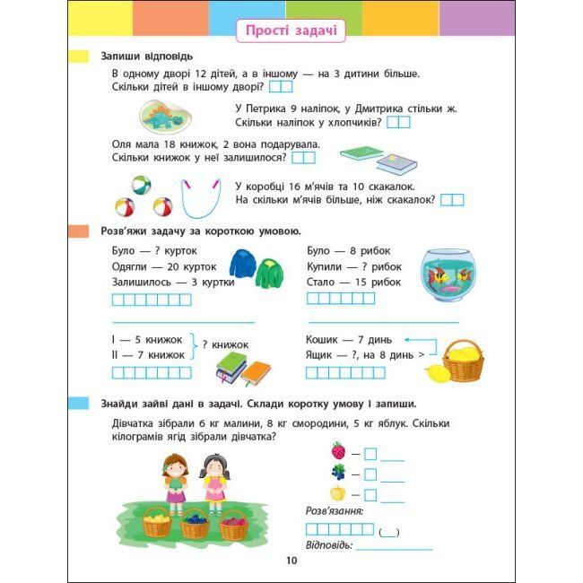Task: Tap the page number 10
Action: point(291,561)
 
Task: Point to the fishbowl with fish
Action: point(448,274)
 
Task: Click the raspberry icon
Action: point(338,451)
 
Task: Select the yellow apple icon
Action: point(338,492)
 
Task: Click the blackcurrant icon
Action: point(338,472)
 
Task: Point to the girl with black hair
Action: point(213,480)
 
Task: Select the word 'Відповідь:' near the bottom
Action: point(330,544)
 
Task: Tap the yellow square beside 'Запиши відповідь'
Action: point(81,57)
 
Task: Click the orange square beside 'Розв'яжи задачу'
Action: point(81,231)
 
